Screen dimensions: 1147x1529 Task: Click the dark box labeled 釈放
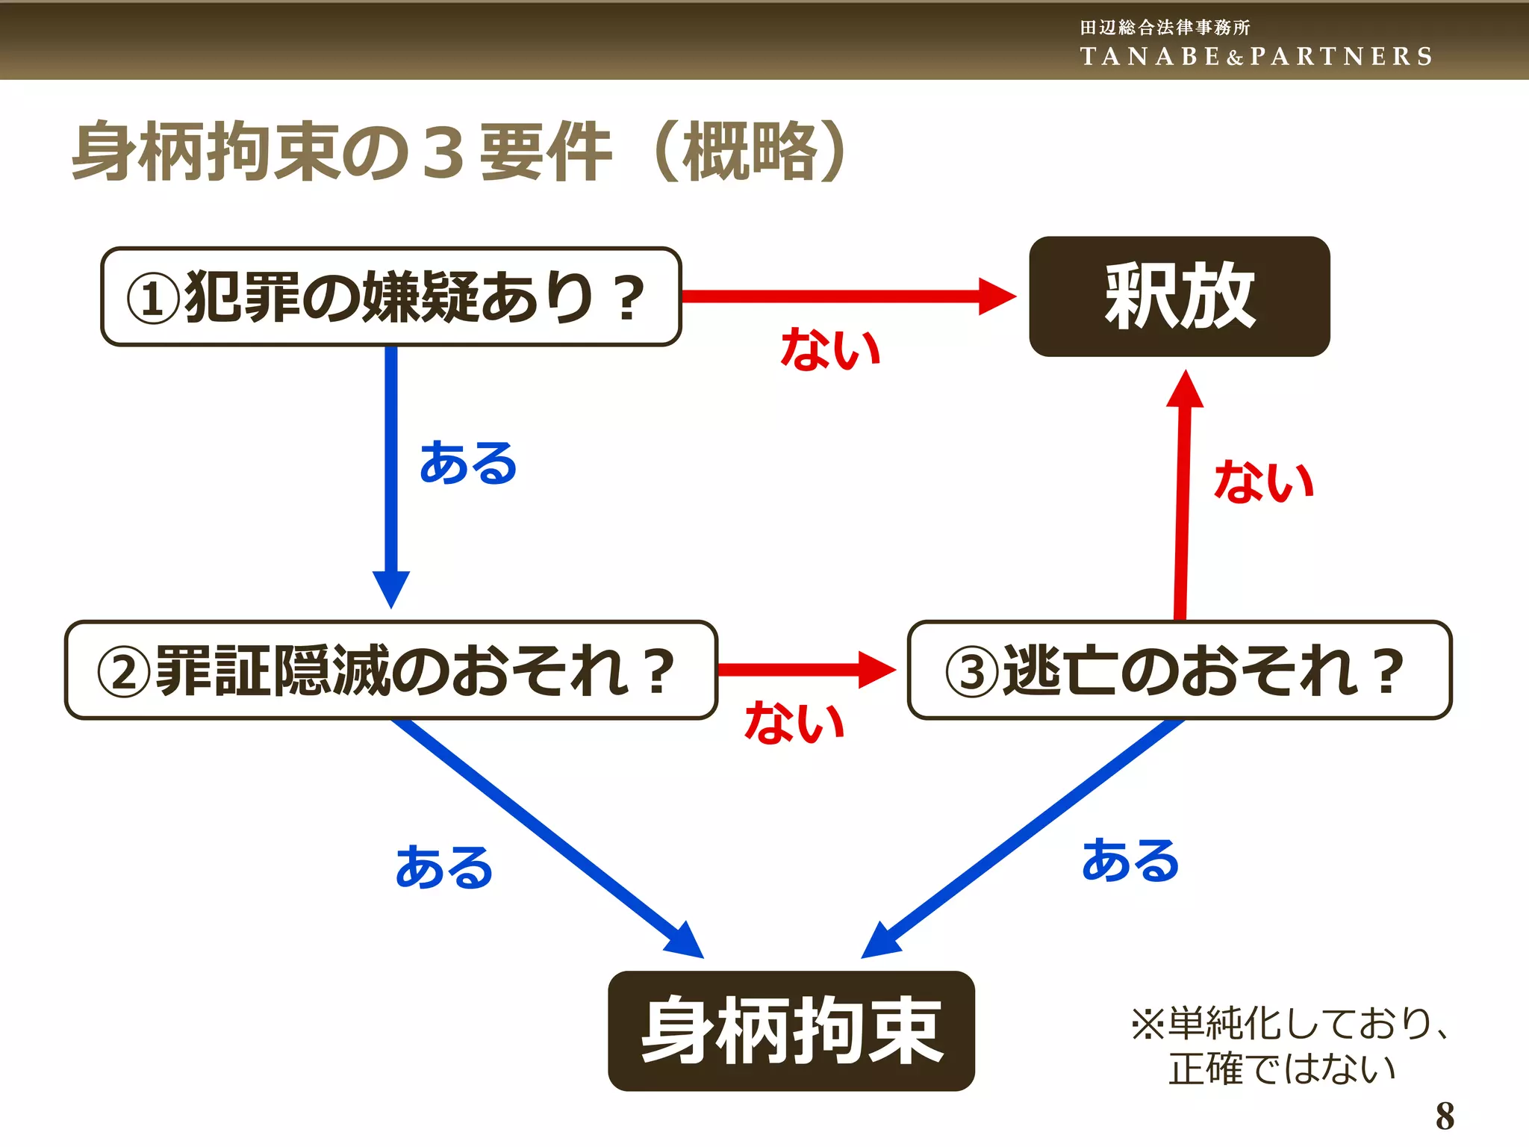(x=1179, y=296)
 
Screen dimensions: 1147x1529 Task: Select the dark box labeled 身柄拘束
(x=791, y=1031)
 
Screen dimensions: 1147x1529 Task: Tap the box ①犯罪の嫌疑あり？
(x=390, y=296)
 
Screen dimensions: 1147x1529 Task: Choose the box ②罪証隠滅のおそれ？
(x=390, y=670)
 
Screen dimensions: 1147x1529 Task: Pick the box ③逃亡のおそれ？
(x=1179, y=670)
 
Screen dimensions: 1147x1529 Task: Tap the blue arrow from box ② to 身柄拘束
(x=545, y=836)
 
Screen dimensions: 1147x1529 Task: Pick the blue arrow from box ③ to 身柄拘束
(x=1023, y=836)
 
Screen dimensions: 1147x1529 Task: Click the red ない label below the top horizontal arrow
(x=830, y=349)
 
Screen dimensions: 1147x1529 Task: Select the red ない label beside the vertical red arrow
(x=1263, y=482)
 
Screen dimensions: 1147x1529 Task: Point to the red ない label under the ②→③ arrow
(x=794, y=723)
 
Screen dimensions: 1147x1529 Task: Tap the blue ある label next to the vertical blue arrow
(x=468, y=463)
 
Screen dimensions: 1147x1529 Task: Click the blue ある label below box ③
(x=1130, y=860)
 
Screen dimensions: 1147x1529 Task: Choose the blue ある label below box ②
(x=444, y=868)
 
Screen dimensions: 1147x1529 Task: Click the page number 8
(x=1445, y=1116)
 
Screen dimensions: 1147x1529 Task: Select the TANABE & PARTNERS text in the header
(x=1256, y=57)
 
